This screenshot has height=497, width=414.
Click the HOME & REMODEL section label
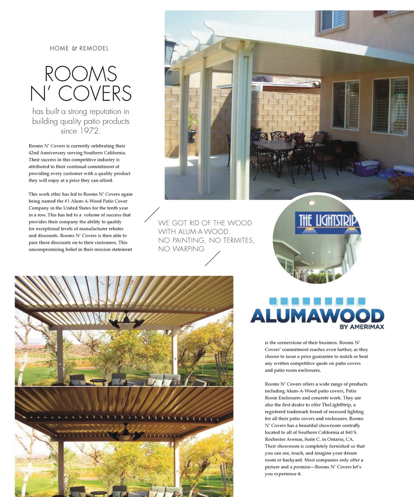point(79,49)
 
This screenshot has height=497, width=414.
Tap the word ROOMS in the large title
point(81,74)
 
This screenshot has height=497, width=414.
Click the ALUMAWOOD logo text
point(317,316)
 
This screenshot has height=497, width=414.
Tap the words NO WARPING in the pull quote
point(181,249)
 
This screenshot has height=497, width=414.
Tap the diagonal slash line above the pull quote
point(152,214)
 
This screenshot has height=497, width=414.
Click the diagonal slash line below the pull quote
point(213,258)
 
